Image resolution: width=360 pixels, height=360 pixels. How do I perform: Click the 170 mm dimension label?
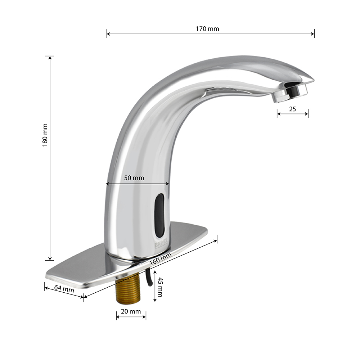click(x=207, y=29)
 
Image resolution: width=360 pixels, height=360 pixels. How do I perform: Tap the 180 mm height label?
click(x=45, y=135)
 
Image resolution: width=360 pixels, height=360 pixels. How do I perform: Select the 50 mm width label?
click(x=134, y=178)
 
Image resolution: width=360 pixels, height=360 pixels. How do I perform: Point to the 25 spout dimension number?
click(x=292, y=109)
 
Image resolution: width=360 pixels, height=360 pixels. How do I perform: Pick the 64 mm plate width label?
click(x=64, y=289)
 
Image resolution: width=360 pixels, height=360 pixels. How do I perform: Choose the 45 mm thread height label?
click(x=160, y=287)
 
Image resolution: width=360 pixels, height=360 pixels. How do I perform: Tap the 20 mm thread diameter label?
click(x=131, y=311)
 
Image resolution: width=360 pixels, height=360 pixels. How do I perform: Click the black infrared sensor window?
click(x=159, y=215)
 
